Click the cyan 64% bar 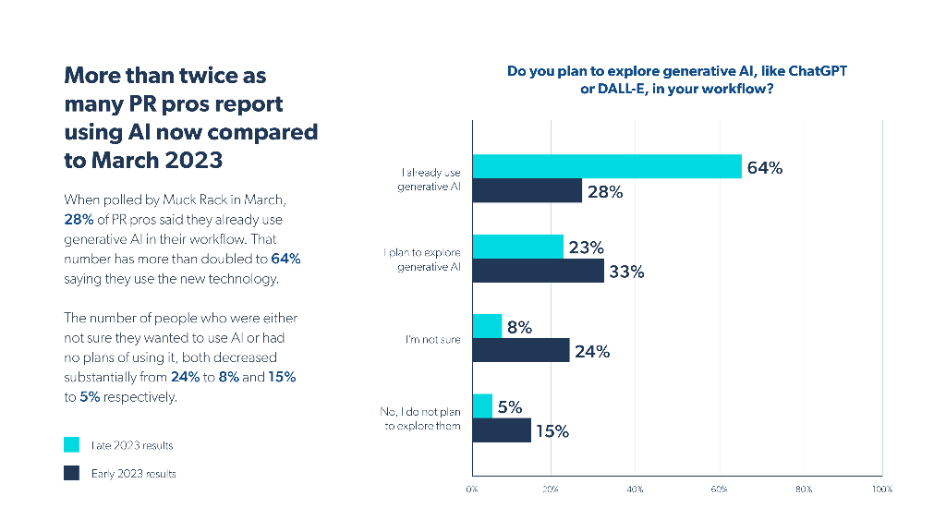click(x=607, y=166)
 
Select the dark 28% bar click(x=527, y=190)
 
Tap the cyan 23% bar click(x=517, y=247)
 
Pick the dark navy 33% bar click(x=538, y=271)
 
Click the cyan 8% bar click(x=487, y=326)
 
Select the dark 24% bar click(x=521, y=350)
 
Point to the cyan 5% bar click(x=482, y=406)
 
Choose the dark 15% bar click(x=502, y=430)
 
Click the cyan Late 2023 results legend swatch click(x=71, y=445)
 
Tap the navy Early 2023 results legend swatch click(x=71, y=474)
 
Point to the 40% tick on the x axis click(x=636, y=489)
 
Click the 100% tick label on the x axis click(x=881, y=489)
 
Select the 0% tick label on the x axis click(x=472, y=489)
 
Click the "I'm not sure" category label click(x=432, y=340)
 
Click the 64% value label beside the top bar click(x=765, y=168)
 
